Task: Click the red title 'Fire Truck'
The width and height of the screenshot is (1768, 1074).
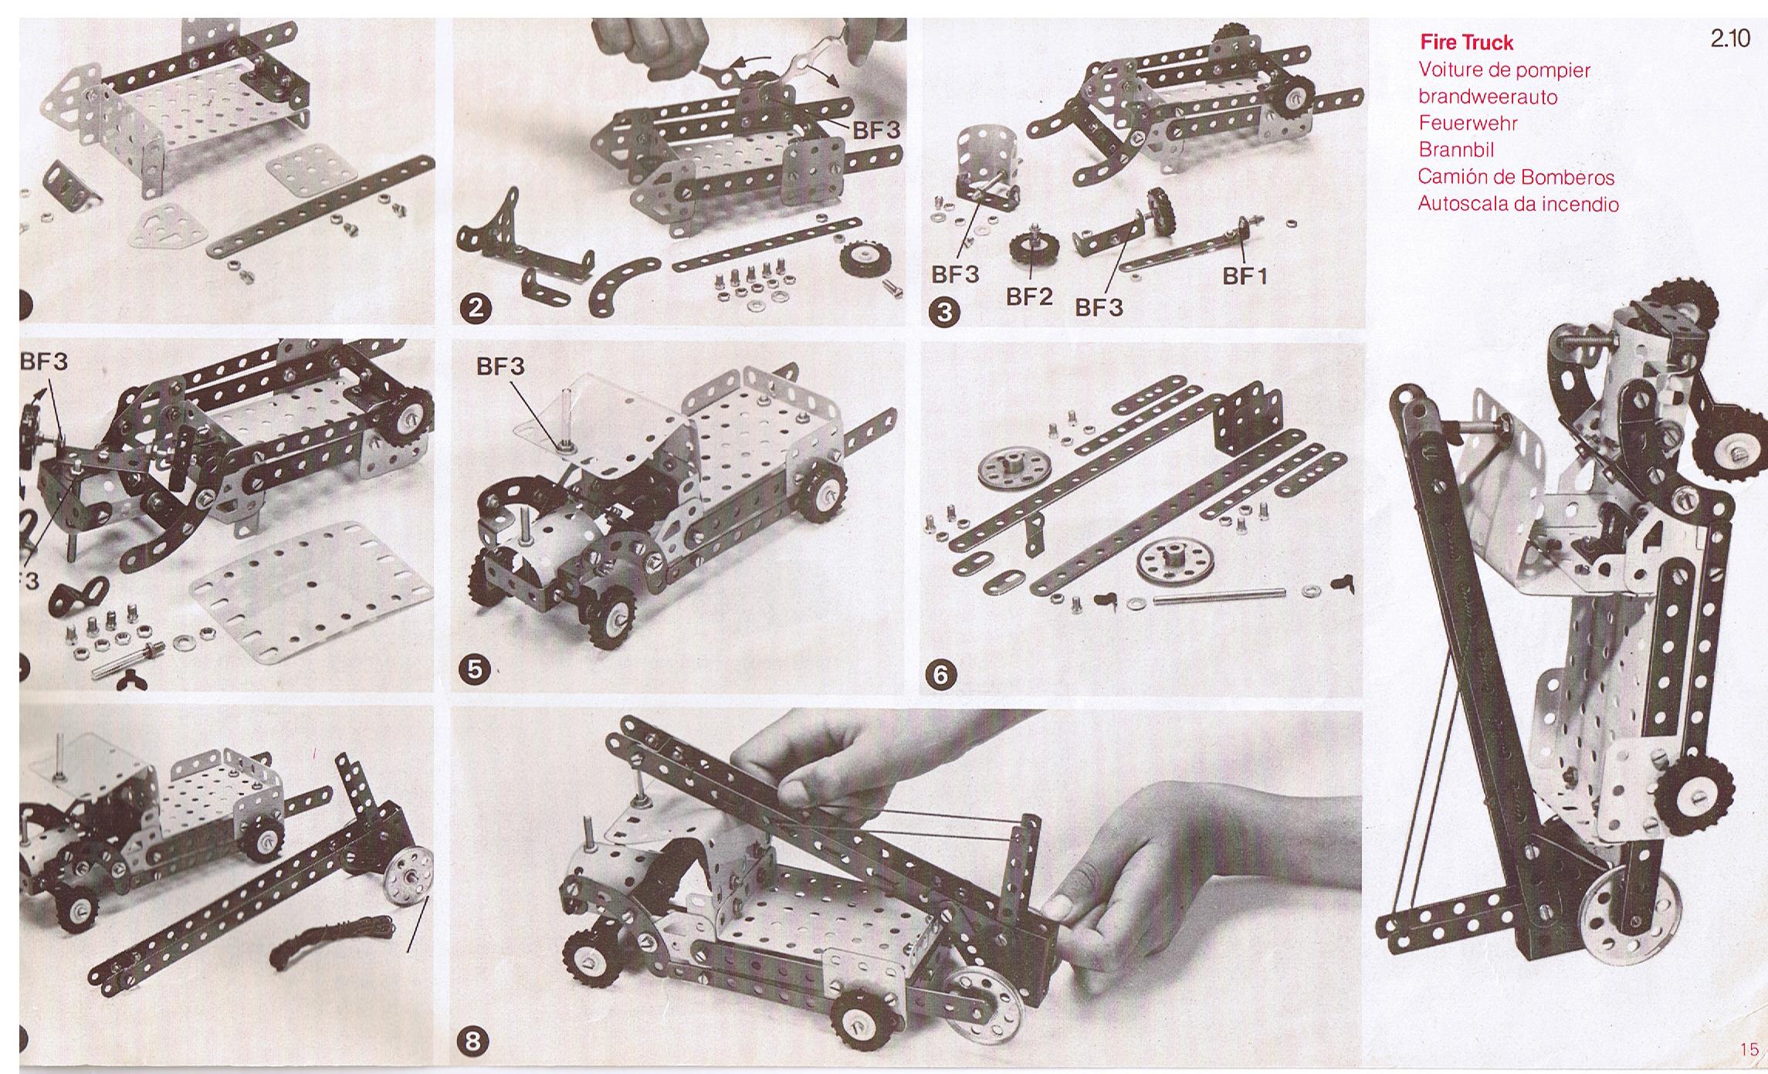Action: (1466, 42)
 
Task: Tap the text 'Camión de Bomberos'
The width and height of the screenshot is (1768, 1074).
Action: (1516, 177)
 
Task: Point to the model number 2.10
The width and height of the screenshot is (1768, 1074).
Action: (1730, 39)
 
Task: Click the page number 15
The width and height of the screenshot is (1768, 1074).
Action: (1749, 1049)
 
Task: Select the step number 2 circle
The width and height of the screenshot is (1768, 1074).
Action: (476, 309)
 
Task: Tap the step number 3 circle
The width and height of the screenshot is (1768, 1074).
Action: (947, 312)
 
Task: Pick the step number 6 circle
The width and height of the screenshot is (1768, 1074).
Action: (940, 675)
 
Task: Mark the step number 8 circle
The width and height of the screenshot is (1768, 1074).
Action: (473, 1042)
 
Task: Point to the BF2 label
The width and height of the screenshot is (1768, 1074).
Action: (1029, 297)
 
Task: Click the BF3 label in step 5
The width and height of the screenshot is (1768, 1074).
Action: (500, 366)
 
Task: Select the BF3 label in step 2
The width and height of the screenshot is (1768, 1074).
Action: (876, 130)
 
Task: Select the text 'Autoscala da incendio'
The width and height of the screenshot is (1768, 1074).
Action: (1518, 204)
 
